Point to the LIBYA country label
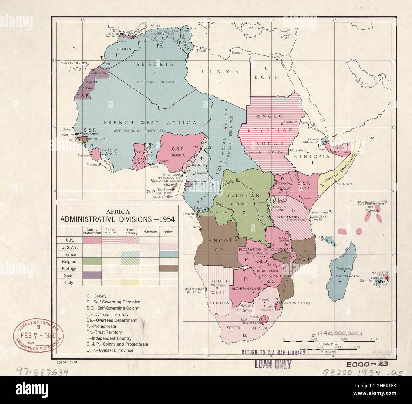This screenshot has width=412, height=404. (219, 72)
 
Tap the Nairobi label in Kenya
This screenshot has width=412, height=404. (310, 198)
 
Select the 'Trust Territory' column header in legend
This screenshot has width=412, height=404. (130, 231)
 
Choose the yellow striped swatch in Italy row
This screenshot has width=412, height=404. (130, 282)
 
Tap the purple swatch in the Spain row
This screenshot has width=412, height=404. (92, 276)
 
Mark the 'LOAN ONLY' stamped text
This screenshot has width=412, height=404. (273, 365)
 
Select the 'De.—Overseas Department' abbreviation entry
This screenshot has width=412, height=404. (112, 320)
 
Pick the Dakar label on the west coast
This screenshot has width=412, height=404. (67, 129)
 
